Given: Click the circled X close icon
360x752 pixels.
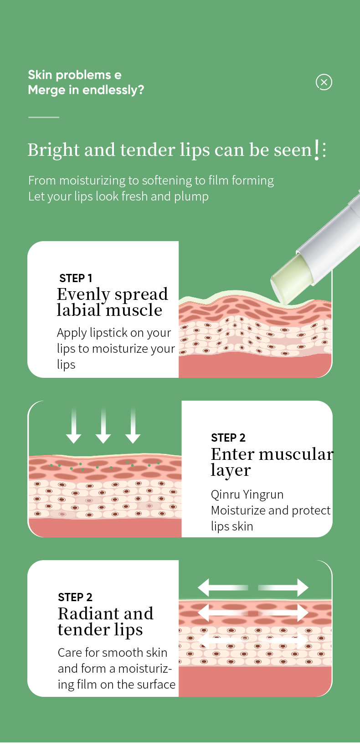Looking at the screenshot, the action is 324,82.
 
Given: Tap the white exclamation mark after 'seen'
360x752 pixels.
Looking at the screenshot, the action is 316,150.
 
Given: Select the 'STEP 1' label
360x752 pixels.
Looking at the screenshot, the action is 76,278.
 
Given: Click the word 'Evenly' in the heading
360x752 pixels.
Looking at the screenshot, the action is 83,295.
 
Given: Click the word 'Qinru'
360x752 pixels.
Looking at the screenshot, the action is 225,494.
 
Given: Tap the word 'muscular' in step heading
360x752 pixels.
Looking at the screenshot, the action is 296,454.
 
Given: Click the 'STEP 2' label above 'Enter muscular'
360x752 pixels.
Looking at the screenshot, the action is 228,438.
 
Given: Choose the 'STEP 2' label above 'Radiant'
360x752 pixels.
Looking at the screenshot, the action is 75,597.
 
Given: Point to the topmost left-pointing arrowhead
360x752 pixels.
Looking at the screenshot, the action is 204,587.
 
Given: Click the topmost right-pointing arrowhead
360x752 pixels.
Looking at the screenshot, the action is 303,587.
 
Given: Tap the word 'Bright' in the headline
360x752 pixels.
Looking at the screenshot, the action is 53,150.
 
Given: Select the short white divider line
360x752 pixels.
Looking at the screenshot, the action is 44,117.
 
